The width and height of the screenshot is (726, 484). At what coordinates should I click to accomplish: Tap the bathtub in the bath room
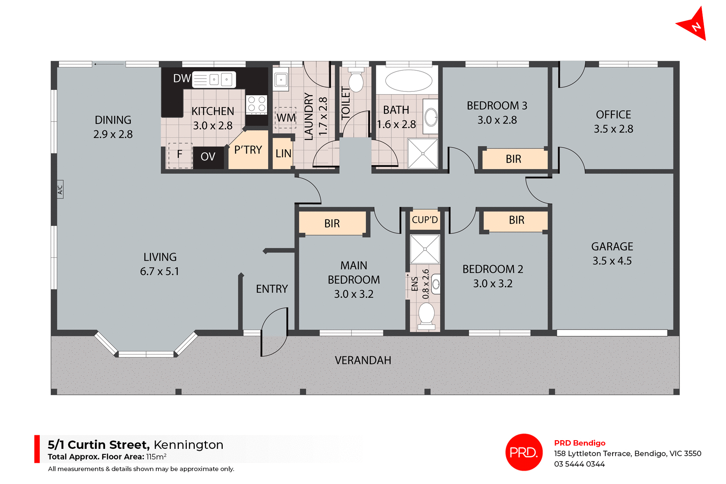pyautogui.click(x=408, y=80)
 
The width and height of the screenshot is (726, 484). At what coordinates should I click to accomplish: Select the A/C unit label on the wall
pyautogui.click(x=60, y=189)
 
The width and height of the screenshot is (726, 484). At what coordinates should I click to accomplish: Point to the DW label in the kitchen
pyautogui.click(x=182, y=78)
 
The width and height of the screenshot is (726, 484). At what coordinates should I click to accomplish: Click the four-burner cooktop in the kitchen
pyautogui.click(x=257, y=104)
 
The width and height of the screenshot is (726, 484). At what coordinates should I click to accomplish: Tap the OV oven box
pyautogui.click(x=208, y=156)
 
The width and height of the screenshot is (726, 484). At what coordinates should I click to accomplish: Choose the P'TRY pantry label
pyautogui.click(x=248, y=150)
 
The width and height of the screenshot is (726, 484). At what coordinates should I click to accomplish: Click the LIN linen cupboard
pyautogui.click(x=283, y=153)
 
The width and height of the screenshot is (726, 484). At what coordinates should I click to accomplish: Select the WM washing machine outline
pyautogui.click(x=285, y=118)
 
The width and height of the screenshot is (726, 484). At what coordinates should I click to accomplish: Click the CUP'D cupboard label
pyautogui.click(x=425, y=220)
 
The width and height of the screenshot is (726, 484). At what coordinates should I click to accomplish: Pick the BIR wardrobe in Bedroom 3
pyautogui.click(x=513, y=159)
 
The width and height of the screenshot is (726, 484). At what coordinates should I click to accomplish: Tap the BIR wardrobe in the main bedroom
pyautogui.click(x=332, y=223)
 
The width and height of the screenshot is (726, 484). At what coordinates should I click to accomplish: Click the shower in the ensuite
pyautogui.click(x=425, y=249)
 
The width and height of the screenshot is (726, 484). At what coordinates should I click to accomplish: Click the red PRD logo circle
pyautogui.click(x=524, y=452)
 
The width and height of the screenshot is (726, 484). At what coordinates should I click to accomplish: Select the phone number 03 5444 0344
pyautogui.click(x=579, y=464)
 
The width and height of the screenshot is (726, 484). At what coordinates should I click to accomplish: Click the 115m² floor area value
pyautogui.click(x=156, y=457)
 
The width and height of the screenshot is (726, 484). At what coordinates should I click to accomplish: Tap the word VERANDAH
pyautogui.click(x=363, y=360)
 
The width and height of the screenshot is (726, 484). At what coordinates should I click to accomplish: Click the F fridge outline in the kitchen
pyautogui.click(x=180, y=155)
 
